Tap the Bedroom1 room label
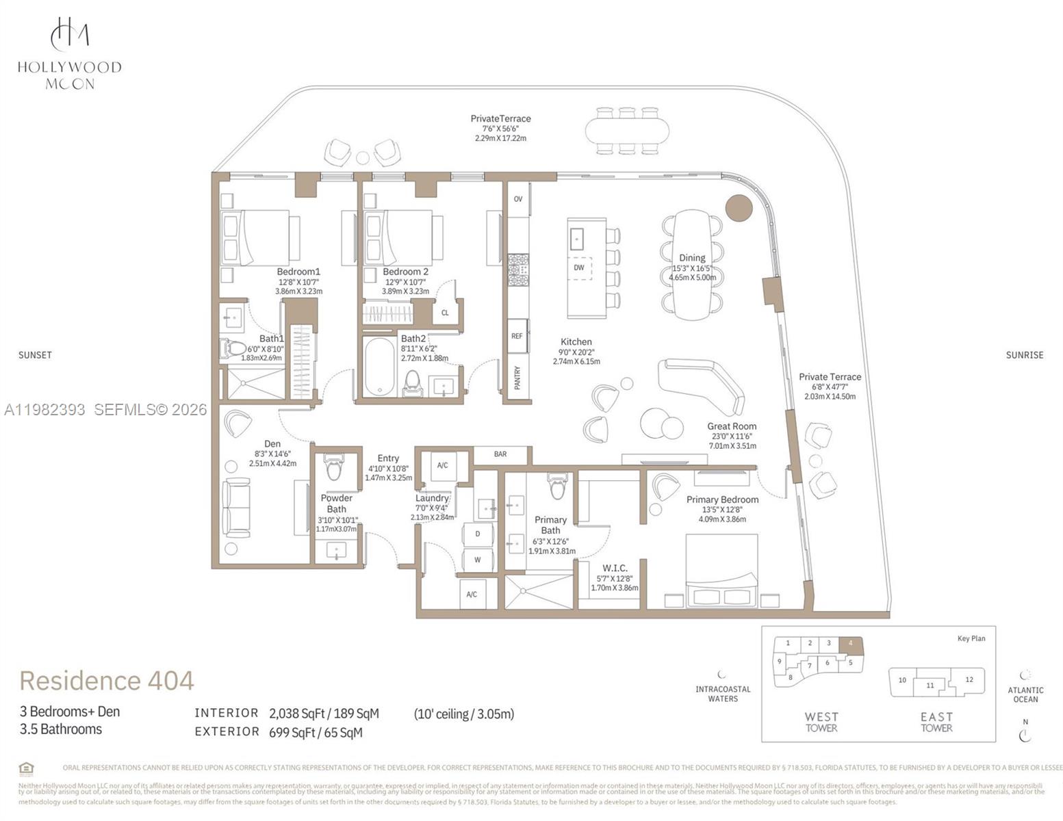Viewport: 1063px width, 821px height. tap(298, 272)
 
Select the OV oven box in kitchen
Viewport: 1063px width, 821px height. tap(518, 199)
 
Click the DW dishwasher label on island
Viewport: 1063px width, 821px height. tap(579, 268)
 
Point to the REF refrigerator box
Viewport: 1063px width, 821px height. tap(517, 336)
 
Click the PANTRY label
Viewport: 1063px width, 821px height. tap(517, 378)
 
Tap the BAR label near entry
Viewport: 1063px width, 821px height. tap(500, 454)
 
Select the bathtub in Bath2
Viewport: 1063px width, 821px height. tap(379, 367)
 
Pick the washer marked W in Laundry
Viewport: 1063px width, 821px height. tap(478, 560)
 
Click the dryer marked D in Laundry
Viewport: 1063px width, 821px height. tap(478, 534)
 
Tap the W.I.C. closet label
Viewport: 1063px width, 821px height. tap(615, 568)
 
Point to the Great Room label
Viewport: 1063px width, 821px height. tap(732, 426)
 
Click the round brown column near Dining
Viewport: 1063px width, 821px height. tap(739, 207)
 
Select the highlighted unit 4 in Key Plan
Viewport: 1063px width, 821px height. tap(851, 644)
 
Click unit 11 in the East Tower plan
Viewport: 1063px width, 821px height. tap(930, 685)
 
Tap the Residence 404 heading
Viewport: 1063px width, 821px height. tap(107, 681)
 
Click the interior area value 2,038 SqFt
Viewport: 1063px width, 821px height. tap(298, 714)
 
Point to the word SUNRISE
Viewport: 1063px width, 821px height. tap(1024, 355)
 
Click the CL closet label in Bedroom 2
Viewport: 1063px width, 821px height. tap(445, 313)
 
